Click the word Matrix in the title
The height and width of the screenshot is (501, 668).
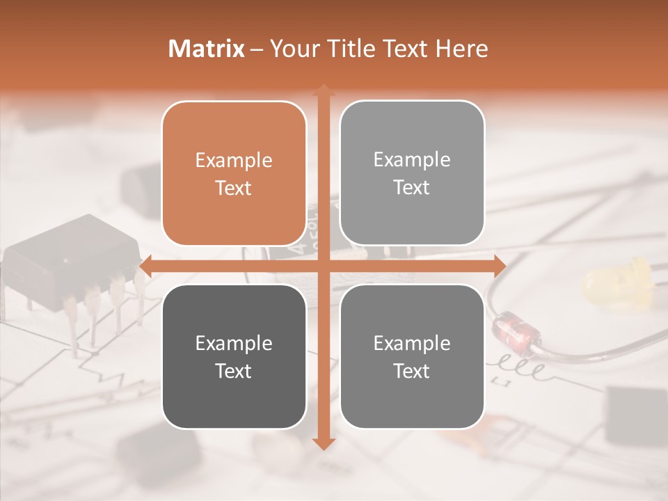(x=207, y=49)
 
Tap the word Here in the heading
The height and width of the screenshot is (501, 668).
(x=461, y=49)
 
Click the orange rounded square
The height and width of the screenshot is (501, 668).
(x=234, y=173)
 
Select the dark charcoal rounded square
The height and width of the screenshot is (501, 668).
(x=234, y=356)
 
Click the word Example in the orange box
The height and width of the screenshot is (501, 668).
(x=234, y=160)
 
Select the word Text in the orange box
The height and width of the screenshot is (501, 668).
(x=234, y=188)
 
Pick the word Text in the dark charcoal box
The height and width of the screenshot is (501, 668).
(x=234, y=371)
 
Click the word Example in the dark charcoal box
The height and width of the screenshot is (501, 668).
(x=234, y=343)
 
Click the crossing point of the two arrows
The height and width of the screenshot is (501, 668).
(x=323, y=266)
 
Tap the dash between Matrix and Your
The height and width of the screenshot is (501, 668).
(x=256, y=49)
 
